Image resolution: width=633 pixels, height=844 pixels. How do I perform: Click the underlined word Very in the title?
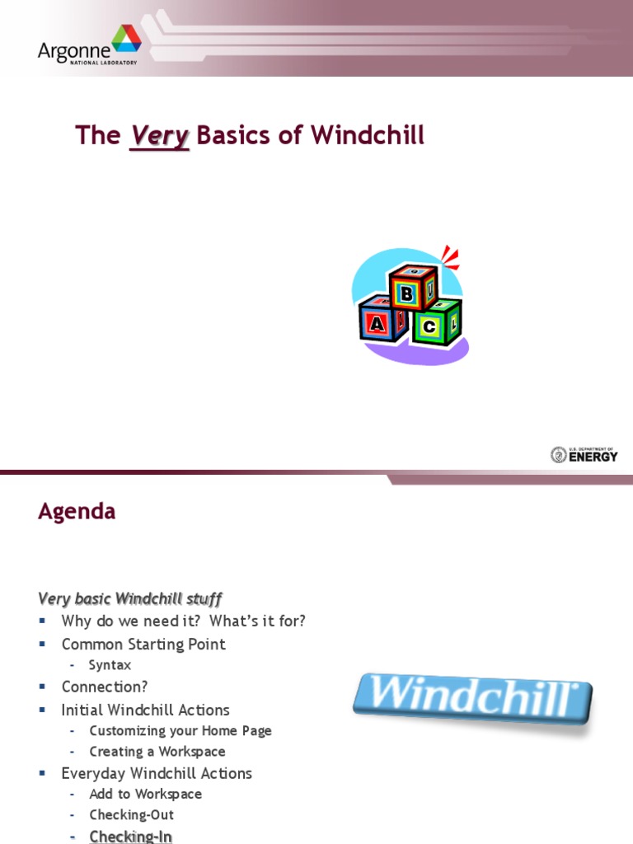click(x=160, y=136)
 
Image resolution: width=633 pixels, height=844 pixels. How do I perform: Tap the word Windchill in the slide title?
click(x=367, y=136)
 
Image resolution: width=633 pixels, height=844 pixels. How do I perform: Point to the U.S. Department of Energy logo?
click(x=584, y=454)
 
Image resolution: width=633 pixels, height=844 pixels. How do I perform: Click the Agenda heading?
click(x=77, y=512)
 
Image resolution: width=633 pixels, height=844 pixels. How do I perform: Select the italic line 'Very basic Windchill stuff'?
click(x=129, y=598)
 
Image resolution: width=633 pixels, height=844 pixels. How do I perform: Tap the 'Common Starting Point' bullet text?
click(x=143, y=645)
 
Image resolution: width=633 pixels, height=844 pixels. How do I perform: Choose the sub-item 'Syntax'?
click(x=110, y=665)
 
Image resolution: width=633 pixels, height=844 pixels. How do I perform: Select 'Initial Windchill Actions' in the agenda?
click(x=145, y=710)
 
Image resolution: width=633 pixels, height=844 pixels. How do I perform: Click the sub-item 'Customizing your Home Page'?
click(x=180, y=731)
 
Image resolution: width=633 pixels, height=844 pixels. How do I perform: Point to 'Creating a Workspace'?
click(x=157, y=752)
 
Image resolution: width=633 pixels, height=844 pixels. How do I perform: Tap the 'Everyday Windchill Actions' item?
click(x=157, y=773)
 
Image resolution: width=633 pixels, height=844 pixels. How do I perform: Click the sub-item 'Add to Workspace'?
click(x=145, y=794)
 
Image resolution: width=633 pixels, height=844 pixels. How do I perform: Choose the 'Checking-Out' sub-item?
click(x=131, y=815)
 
